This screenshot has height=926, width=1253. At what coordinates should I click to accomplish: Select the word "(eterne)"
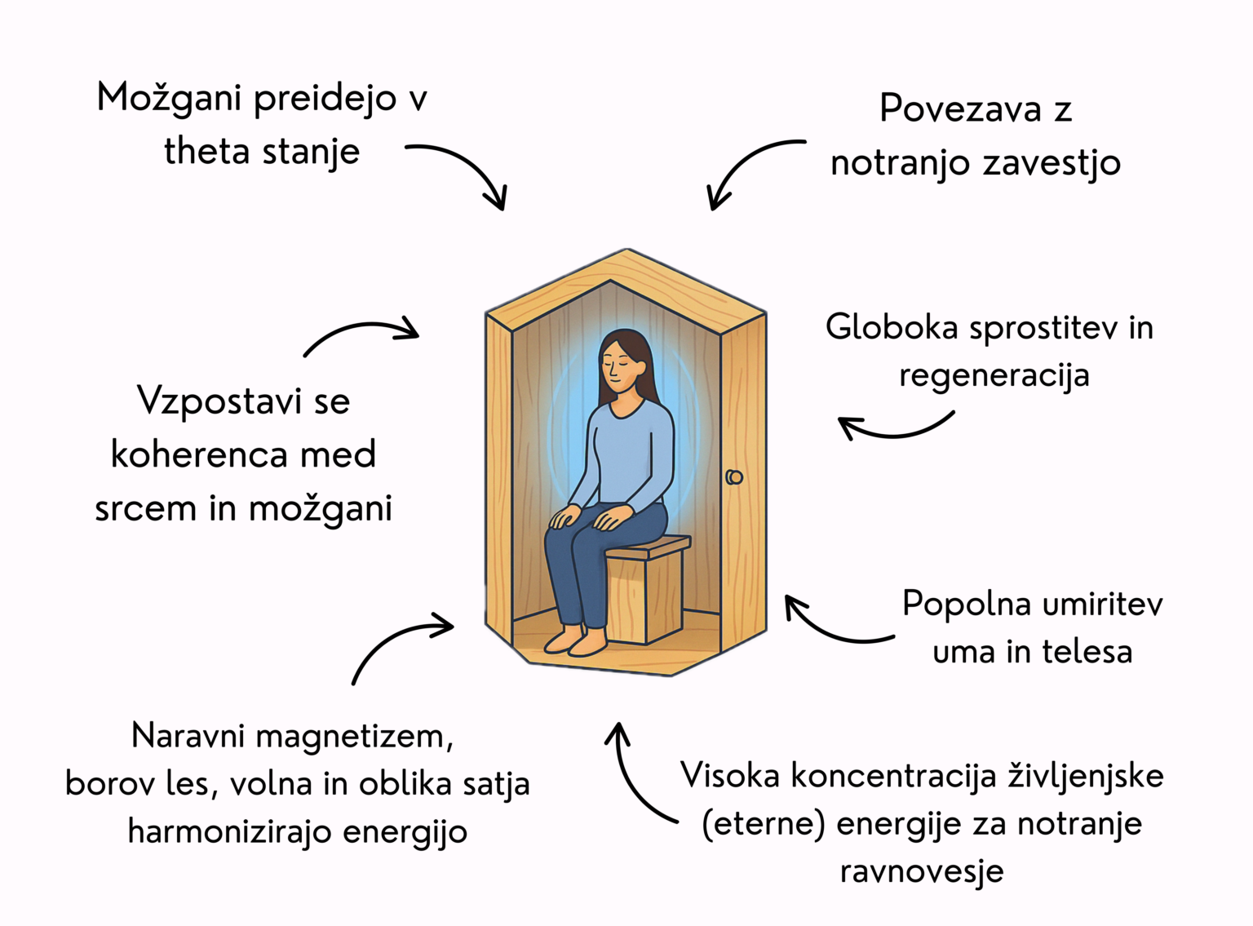point(763,823)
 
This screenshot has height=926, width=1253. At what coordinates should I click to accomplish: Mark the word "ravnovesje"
point(921,871)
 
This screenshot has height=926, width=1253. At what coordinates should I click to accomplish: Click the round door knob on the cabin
point(734,477)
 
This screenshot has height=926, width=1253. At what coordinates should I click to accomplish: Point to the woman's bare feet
point(576,640)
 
